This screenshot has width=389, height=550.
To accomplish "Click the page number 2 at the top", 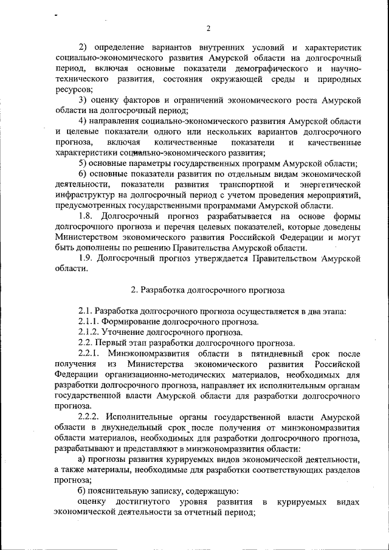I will [x=208, y=29].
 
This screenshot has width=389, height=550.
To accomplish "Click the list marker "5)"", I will [x=85, y=163].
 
